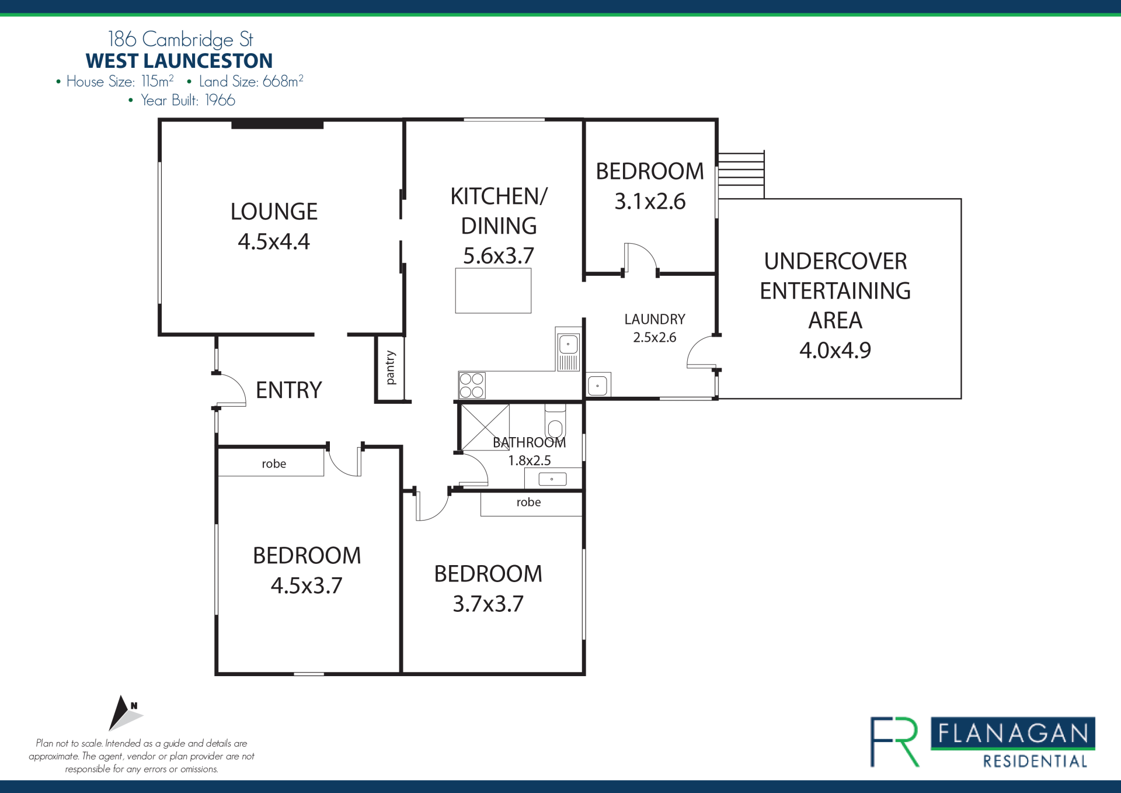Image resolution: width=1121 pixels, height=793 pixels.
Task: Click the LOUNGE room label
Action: click(274, 212)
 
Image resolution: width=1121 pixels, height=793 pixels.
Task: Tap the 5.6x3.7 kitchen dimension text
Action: click(499, 255)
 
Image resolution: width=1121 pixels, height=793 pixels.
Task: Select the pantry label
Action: click(391, 368)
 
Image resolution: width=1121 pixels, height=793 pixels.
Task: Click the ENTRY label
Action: click(289, 390)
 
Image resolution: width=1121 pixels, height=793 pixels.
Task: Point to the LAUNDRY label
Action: click(655, 319)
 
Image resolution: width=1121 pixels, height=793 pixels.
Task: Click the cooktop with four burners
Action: click(472, 385)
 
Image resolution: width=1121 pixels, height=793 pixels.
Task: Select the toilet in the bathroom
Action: click(555, 422)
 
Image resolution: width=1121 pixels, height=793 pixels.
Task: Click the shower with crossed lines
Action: click(485, 427)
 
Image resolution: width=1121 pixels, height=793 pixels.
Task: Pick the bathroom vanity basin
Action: click(552, 479)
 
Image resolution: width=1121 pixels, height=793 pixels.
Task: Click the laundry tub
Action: click(598, 385)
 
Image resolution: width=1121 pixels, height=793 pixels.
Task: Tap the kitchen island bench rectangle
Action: click(493, 290)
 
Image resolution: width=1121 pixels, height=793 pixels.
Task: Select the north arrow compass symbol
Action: click(124, 713)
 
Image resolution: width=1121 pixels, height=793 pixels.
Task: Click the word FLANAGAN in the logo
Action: click(1013, 733)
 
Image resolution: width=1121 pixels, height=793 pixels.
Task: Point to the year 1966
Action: click(220, 101)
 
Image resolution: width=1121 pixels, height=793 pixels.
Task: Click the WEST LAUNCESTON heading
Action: click(179, 61)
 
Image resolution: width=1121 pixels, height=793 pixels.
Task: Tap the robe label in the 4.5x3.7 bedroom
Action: click(274, 463)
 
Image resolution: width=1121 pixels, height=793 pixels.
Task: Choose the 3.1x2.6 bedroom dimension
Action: click(650, 201)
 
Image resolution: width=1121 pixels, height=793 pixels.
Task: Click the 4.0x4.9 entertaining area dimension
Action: click(835, 350)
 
